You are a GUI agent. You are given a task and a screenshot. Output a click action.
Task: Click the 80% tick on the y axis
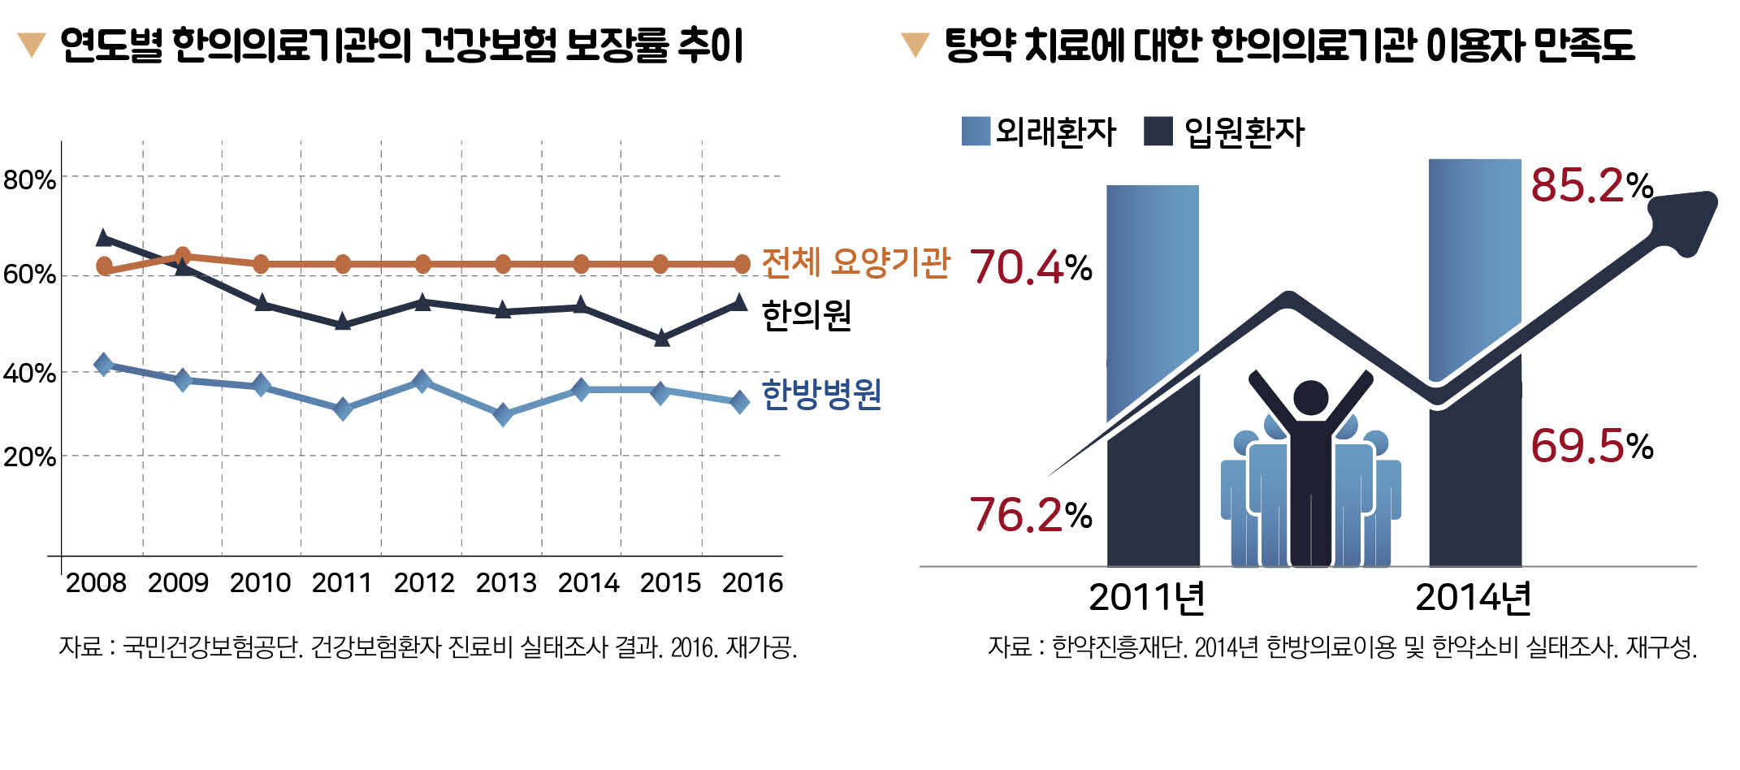click(x=29, y=180)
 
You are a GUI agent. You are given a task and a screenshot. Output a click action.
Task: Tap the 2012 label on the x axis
click(x=424, y=583)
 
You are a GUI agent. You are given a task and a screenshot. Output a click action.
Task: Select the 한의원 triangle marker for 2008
click(x=104, y=238)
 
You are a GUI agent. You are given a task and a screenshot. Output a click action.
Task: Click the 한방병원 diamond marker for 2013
click(x=503, y=415)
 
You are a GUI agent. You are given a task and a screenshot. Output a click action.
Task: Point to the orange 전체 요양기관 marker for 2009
click(x=183, y=257)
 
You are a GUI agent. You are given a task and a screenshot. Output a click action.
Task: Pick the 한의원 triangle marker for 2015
click(x=662, y=338)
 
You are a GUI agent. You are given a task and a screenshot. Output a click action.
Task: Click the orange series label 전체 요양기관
click(x=855, y=263)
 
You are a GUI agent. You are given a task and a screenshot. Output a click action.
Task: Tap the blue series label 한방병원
click(x=821, y=395)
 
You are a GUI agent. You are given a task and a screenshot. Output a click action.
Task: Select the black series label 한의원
click(x=806, y=315)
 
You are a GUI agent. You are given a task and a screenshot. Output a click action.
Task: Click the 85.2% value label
click(x=1591, y=185)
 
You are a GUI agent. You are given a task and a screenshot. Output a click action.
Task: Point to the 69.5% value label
click(x=1591, y=446)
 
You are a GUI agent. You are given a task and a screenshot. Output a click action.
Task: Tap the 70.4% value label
click(x=1030, y=266)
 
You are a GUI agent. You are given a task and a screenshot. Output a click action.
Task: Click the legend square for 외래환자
click(x=975, y=131)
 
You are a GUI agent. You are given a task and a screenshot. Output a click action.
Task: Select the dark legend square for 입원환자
click(x=1158, y=131)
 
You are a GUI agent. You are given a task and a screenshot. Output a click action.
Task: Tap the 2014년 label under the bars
click(x=1473, y=598)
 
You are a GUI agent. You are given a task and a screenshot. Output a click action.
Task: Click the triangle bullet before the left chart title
click(x=32, y=45)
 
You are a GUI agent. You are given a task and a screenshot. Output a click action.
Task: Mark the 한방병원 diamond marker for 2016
click(x=739, y=402)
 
